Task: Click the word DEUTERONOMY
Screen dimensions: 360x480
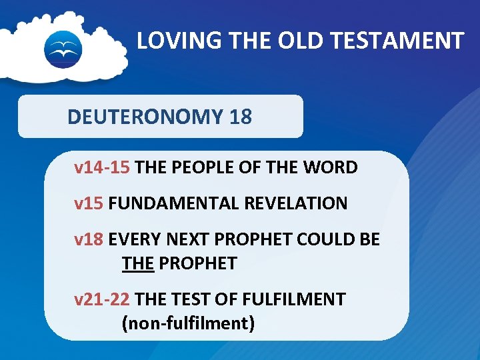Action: pos(145,117)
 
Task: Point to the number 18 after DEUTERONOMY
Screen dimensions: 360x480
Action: pos(240,117)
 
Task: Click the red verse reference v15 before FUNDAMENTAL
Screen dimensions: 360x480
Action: pos(89,203)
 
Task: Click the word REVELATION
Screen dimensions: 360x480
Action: pos(296,203)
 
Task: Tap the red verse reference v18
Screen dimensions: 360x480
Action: pos(89,239)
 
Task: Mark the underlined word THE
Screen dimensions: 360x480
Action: pos(138,263)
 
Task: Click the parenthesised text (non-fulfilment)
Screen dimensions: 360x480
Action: pos(188,323)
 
